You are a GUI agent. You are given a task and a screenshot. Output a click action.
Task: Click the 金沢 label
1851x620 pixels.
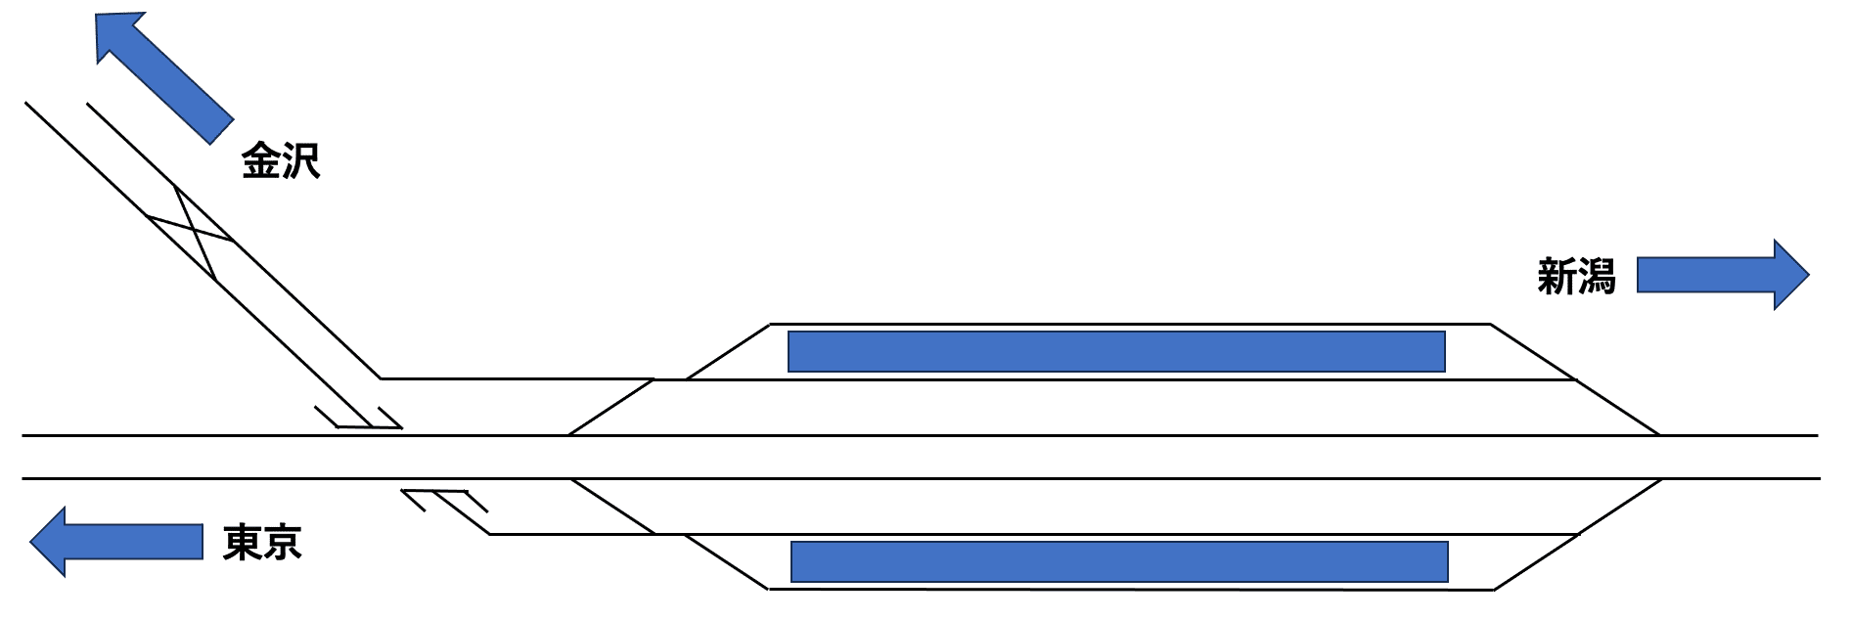click(x=281, y=161)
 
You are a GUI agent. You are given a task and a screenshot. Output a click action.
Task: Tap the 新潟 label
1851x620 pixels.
click(x=1575, y=277)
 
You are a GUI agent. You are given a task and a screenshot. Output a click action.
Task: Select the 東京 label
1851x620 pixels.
click(x=262, y=542)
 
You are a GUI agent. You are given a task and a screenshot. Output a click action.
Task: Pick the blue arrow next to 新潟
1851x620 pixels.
click(x=1722, y=275)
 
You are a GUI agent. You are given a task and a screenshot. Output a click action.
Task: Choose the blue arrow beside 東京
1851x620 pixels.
click(x=115, y=542)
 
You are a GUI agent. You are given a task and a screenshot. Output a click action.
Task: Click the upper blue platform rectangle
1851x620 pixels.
click(x=1116, y=352)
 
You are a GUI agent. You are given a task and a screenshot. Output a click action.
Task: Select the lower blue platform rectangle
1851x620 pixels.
click(x=1118, y=561)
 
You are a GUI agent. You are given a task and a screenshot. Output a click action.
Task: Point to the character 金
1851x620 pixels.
click(x=261, y=161)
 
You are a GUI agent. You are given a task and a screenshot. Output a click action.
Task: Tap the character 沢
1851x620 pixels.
click(x=301, y=161)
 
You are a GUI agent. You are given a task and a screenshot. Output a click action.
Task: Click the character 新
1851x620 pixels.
click(x=1556, y=277)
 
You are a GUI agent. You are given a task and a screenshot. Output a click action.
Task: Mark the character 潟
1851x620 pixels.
click(x=1596, y=277)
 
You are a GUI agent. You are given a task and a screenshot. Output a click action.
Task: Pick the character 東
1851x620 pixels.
click(x=243, y=542)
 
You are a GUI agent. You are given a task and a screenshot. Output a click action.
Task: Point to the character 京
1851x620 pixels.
click(x=283, y=542)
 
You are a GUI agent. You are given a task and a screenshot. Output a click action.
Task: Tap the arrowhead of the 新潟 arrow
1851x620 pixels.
click(x=1790, y=275)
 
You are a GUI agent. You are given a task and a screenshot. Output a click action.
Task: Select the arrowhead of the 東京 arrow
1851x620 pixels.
click(x=49, y=542)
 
